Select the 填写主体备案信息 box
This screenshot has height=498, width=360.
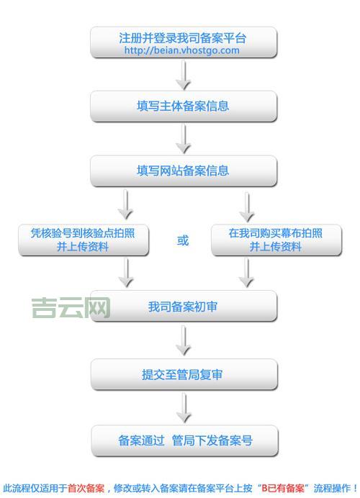[183, 106]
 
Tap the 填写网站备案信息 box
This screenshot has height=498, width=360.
[183, 171]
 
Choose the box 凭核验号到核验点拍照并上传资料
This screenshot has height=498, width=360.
[84, 240]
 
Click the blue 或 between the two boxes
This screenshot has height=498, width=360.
[183, 240]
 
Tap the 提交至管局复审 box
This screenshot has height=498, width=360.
[183, 374]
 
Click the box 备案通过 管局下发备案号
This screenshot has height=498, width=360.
[184, 440]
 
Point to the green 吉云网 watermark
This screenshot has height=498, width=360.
[71, 308]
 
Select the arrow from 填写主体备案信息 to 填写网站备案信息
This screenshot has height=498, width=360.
[184, 139]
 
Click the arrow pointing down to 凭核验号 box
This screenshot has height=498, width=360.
[126, 205]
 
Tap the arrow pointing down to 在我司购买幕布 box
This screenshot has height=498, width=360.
[247, 205]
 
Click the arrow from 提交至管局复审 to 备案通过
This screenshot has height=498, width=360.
[184, 407]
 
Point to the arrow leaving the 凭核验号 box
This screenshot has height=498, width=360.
[126, 273]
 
